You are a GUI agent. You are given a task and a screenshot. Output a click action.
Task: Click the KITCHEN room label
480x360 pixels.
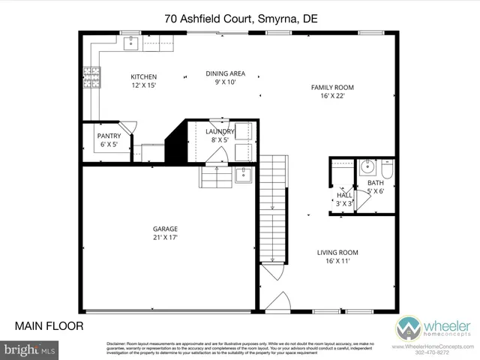click(144, 76)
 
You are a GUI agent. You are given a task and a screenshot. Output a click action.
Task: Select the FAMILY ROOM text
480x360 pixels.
click(332, 87)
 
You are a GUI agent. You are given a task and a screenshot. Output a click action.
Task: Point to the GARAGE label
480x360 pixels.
click(145, 229)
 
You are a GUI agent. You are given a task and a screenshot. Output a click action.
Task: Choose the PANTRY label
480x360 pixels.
click(109, 136)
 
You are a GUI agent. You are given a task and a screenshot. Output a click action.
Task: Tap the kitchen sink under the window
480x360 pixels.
click(133, 41)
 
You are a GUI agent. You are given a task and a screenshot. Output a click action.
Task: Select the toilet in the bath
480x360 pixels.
click(386, 169)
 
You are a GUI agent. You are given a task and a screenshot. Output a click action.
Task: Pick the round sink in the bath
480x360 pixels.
click(365, 166)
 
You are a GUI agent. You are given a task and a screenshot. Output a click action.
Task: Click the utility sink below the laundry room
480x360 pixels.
click(243, 176)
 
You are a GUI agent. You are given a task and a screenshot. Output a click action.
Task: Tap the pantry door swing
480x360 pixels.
click(128, 127)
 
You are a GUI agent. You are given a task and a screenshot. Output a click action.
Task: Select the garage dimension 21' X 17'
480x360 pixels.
click(145, 238)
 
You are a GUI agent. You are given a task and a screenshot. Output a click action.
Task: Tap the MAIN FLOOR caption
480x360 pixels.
click(49, 325)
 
